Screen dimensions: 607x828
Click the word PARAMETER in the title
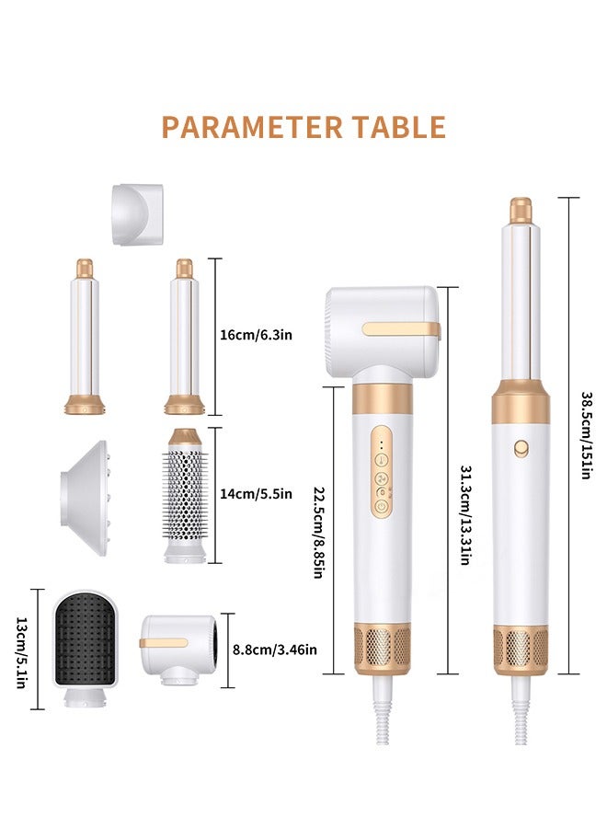click(x=252, y=127)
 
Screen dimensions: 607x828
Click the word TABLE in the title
click(x=399, y=127)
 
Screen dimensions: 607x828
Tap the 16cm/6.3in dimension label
click(x=256, y=335)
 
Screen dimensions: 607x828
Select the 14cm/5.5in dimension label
click(x=256, y=494)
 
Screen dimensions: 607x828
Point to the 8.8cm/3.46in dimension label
click(x=275, y=650)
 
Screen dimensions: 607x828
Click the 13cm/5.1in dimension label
click(x=20, y=652)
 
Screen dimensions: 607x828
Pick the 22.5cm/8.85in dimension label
click(x=318, y=533)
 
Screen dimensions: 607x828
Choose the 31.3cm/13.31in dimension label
click(x=465, y=515)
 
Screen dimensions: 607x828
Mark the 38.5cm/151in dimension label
click(x=586, y=435)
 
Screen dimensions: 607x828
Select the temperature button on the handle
click(x=381, y=460)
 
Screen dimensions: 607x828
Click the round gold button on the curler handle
click(x=521, y=449)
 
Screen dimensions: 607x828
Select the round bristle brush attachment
click(x=185, y=495)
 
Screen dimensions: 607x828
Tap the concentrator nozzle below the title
click(x=138, y=214)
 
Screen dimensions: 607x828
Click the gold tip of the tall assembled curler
click(x=521, y=210)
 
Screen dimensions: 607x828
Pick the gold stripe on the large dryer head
click(x=401, y=329)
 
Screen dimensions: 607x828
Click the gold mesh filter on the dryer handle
click(x=383, y=649)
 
